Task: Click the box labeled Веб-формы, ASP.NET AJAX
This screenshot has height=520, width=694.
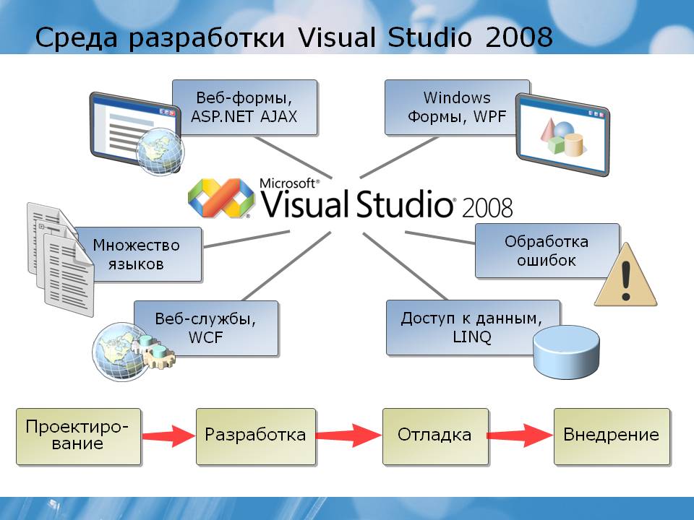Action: click(245, 108)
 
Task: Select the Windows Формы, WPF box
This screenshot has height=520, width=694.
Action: click(456, 108)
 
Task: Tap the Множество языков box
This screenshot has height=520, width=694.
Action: click(138, 254)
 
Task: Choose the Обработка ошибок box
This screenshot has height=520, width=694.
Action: click(547, 251)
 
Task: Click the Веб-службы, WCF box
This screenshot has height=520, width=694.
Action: click(206, 328)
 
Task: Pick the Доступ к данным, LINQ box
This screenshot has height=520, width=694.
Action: click(473, 327)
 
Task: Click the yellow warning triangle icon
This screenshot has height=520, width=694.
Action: click(625, 274)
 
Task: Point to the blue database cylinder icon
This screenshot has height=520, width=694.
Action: click(567, 352)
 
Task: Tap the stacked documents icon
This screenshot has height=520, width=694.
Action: click(61, 259)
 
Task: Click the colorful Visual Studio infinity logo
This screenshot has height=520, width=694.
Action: click(221, 198)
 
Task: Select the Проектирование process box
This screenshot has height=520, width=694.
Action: click(78, 436)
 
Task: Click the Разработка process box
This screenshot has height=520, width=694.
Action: click(256, 436)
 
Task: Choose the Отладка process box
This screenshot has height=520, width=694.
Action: click(435, 436)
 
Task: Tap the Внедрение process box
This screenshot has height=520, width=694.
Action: click(612, 436)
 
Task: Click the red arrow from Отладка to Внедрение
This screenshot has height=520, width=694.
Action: click(520, 435)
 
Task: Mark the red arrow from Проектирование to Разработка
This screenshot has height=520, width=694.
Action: click(168, 436)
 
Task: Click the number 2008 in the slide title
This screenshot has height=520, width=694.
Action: click(519, 37)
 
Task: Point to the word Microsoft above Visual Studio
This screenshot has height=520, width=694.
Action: click(288, 183)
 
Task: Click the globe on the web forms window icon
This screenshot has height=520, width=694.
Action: click(160, 152)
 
